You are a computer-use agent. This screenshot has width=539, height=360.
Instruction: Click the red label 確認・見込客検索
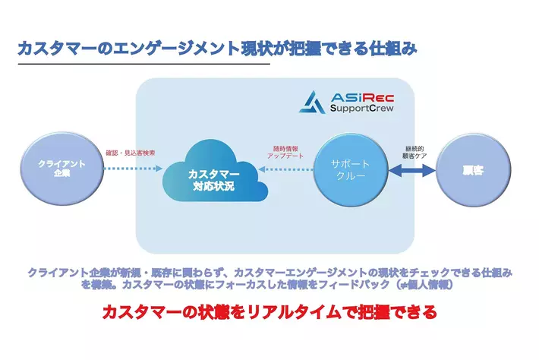tap(131, 153)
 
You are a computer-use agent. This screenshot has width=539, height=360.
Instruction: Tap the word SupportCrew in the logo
tap(361, 110)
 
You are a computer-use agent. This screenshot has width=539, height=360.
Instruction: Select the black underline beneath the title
tap(143, 65)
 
